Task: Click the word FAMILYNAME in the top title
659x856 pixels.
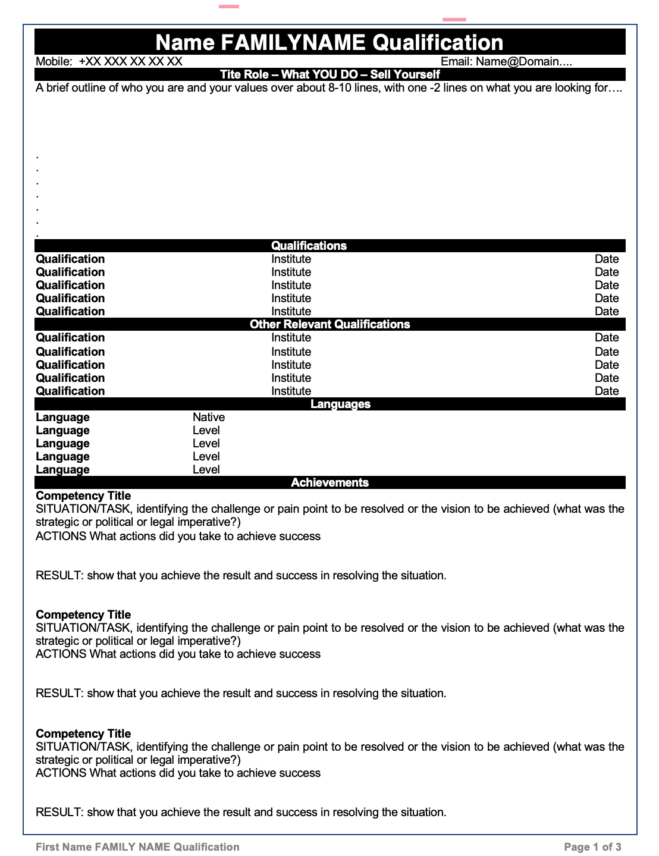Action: coord(293,42)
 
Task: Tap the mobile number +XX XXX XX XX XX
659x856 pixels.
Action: coord(130,61)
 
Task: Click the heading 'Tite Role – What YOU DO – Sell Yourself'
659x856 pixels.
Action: coord(330,74)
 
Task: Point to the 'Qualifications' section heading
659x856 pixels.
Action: coord(309,246)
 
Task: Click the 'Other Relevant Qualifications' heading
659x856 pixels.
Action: coord(330,324)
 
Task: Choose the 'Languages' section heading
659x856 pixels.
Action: coord(340,404)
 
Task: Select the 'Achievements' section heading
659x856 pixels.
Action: coord(330,482)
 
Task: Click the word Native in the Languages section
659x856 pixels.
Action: coord(209,417)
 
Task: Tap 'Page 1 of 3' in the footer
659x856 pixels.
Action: coord(592,846)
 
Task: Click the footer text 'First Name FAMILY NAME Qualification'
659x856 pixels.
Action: coord(137,846)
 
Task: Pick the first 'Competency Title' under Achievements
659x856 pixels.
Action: coord(83,496)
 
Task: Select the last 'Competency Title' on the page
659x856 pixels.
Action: coord(83,733)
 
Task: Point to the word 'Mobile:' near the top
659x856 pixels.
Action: coord(54,61)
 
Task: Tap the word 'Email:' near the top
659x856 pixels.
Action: coord(456,61)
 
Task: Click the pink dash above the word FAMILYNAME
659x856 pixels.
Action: coord(229,7)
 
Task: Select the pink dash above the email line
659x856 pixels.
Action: coord(454,20)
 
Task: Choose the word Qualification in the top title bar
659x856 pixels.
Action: coord(438,42)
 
